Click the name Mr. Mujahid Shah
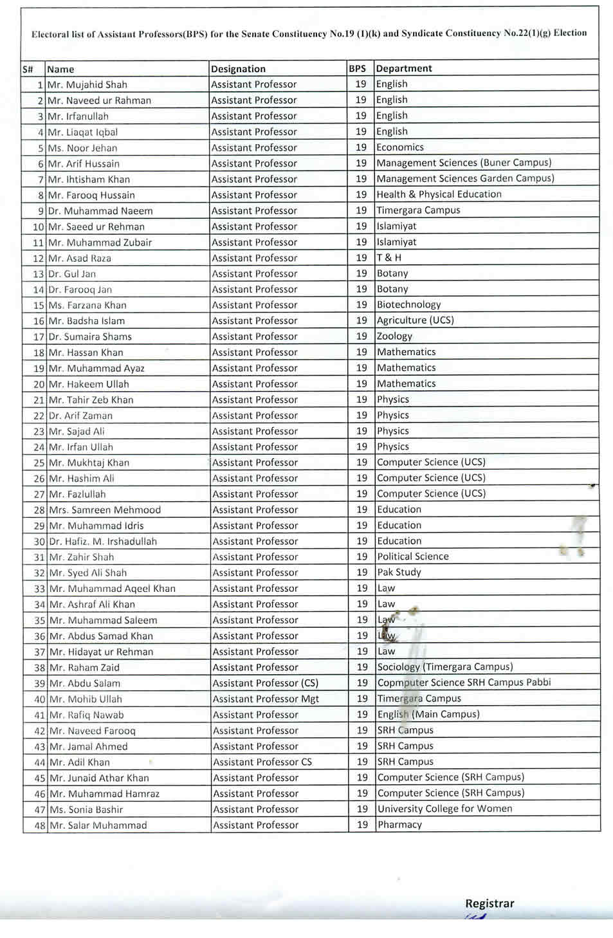87,84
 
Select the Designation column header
238,69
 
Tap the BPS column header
357,68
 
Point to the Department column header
404,68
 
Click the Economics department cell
400,147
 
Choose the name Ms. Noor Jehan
83,148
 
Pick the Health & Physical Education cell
439,194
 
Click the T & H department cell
389,257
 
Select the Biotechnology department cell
408,304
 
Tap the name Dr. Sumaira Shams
90,336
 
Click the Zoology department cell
394,336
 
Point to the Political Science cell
413,556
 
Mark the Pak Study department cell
399,572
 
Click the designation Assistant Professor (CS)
266,683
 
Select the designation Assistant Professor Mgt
266,699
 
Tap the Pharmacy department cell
399,825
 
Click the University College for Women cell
445,809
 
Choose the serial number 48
39,825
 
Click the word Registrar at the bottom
489,903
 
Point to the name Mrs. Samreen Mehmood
105,510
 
